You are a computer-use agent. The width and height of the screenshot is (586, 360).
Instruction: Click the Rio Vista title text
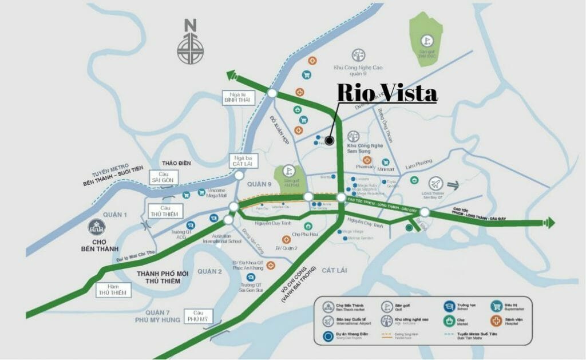click(x=386, y=93)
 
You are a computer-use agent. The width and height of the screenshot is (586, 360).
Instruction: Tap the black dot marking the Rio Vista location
click(x=329, y=140)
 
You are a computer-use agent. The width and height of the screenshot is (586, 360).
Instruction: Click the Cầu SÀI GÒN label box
click(x=162, y=179)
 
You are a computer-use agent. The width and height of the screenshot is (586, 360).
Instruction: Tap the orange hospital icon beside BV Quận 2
click(x=286, y=239)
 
